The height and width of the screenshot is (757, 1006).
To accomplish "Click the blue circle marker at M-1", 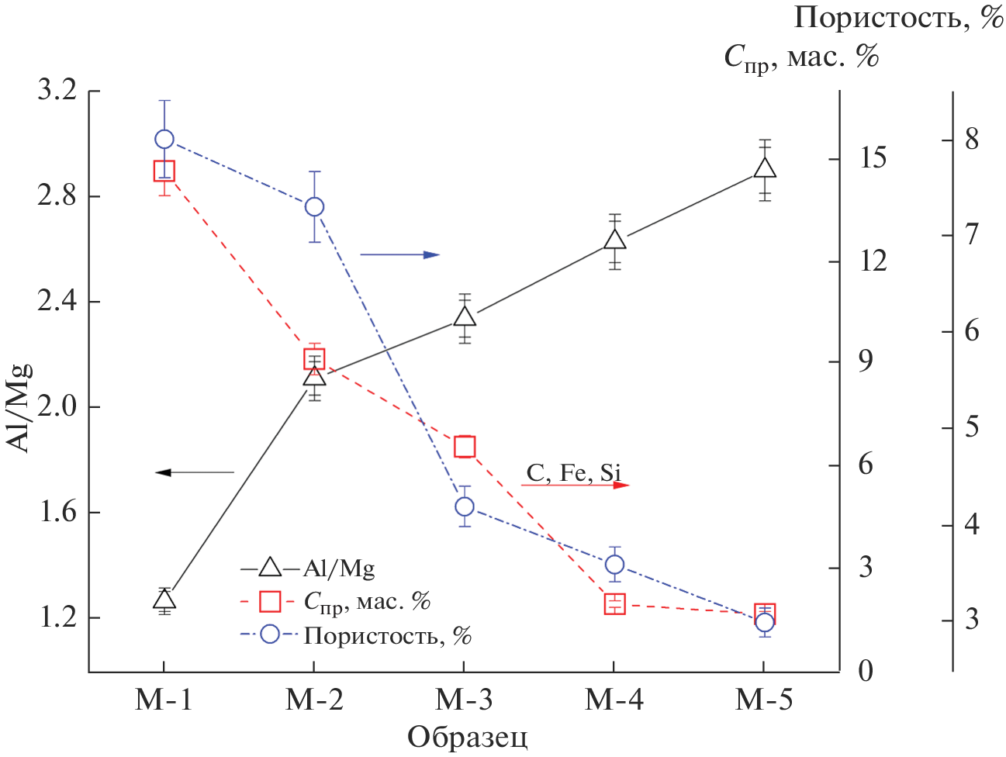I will (164, 140).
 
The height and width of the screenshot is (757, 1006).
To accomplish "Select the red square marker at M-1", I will (164, 171).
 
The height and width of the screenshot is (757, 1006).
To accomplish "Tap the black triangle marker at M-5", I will (765, 168).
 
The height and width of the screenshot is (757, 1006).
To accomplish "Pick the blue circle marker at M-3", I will (464, 506).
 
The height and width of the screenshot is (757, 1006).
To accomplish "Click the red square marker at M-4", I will (614, 603).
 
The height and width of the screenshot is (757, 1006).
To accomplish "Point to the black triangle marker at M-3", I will (464, 316).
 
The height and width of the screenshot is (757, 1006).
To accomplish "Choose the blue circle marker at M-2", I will (314, 206).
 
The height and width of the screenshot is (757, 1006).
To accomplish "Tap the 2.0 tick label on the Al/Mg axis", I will (57, 406).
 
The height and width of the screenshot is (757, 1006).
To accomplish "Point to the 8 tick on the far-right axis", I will (971, 140).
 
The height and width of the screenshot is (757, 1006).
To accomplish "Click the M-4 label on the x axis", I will (614, 700).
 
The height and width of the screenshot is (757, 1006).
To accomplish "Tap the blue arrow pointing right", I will (399, 254).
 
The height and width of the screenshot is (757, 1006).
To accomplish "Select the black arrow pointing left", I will (195, 472).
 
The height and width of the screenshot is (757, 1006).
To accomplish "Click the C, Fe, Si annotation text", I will (574, 472).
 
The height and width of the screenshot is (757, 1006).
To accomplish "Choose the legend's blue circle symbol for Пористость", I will (269, 634).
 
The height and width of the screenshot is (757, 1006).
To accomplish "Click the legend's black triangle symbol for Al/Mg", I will (269, 569).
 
